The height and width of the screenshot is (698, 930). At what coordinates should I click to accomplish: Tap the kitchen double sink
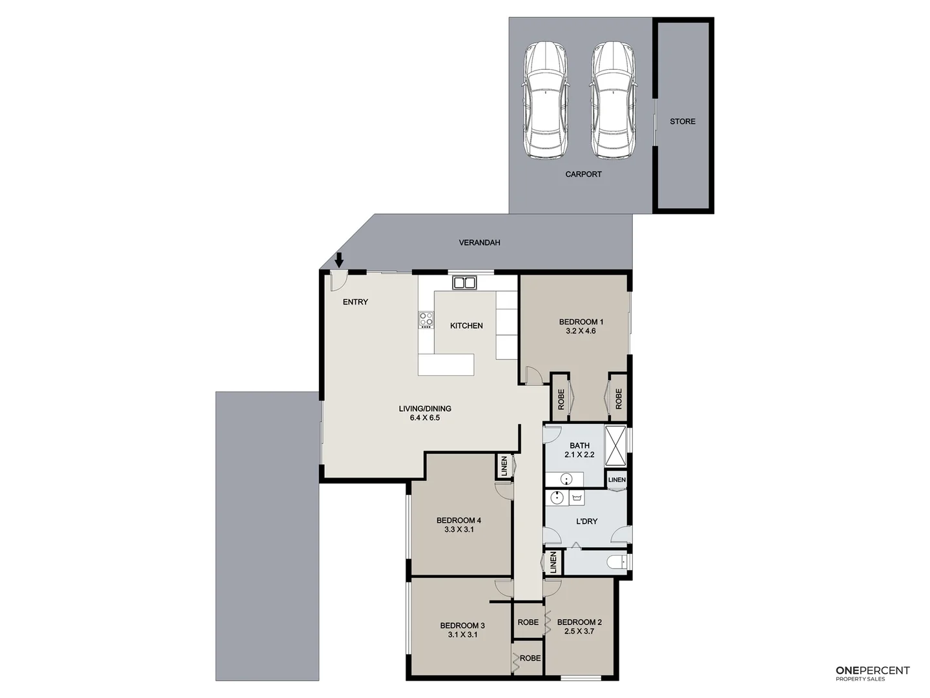click(464, 282)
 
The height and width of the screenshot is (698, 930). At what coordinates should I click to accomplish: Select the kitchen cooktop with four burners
click(426, 319)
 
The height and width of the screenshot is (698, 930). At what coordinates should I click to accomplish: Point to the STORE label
click(683, 122)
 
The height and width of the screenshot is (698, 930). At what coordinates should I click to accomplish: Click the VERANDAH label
click(479, 243)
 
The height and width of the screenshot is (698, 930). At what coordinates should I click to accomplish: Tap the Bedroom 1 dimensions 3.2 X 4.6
click(581, 331)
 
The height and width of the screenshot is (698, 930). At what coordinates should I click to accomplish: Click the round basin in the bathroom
click(566, 480)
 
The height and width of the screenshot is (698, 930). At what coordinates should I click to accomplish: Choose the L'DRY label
click(586, 522)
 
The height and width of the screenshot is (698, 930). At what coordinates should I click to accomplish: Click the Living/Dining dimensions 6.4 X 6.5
click(424, 418)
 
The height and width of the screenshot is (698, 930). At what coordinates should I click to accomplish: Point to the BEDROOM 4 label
click(459, 520)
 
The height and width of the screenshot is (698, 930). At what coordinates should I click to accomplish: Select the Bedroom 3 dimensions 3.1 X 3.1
click(462, 635)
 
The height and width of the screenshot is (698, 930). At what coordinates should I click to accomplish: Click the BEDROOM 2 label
click(579, 622)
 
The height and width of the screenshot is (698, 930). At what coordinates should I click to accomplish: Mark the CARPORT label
click(583, 174)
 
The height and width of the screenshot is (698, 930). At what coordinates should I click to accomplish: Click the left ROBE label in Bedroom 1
click(561, 399)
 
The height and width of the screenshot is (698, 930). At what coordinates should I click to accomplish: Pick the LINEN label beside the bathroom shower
click(617, 480)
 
